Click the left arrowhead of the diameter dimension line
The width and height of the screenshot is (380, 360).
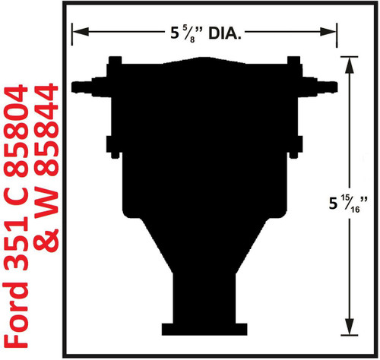pyautogui.click(x=76, y=32)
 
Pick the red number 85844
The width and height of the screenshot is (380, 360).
pyautogui.click(x=52, y=134)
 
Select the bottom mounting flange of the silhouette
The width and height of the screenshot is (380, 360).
pyautogui.click(x=204, y=329)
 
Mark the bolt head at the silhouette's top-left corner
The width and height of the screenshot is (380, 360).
pyautogui.click(x=116, y=61)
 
